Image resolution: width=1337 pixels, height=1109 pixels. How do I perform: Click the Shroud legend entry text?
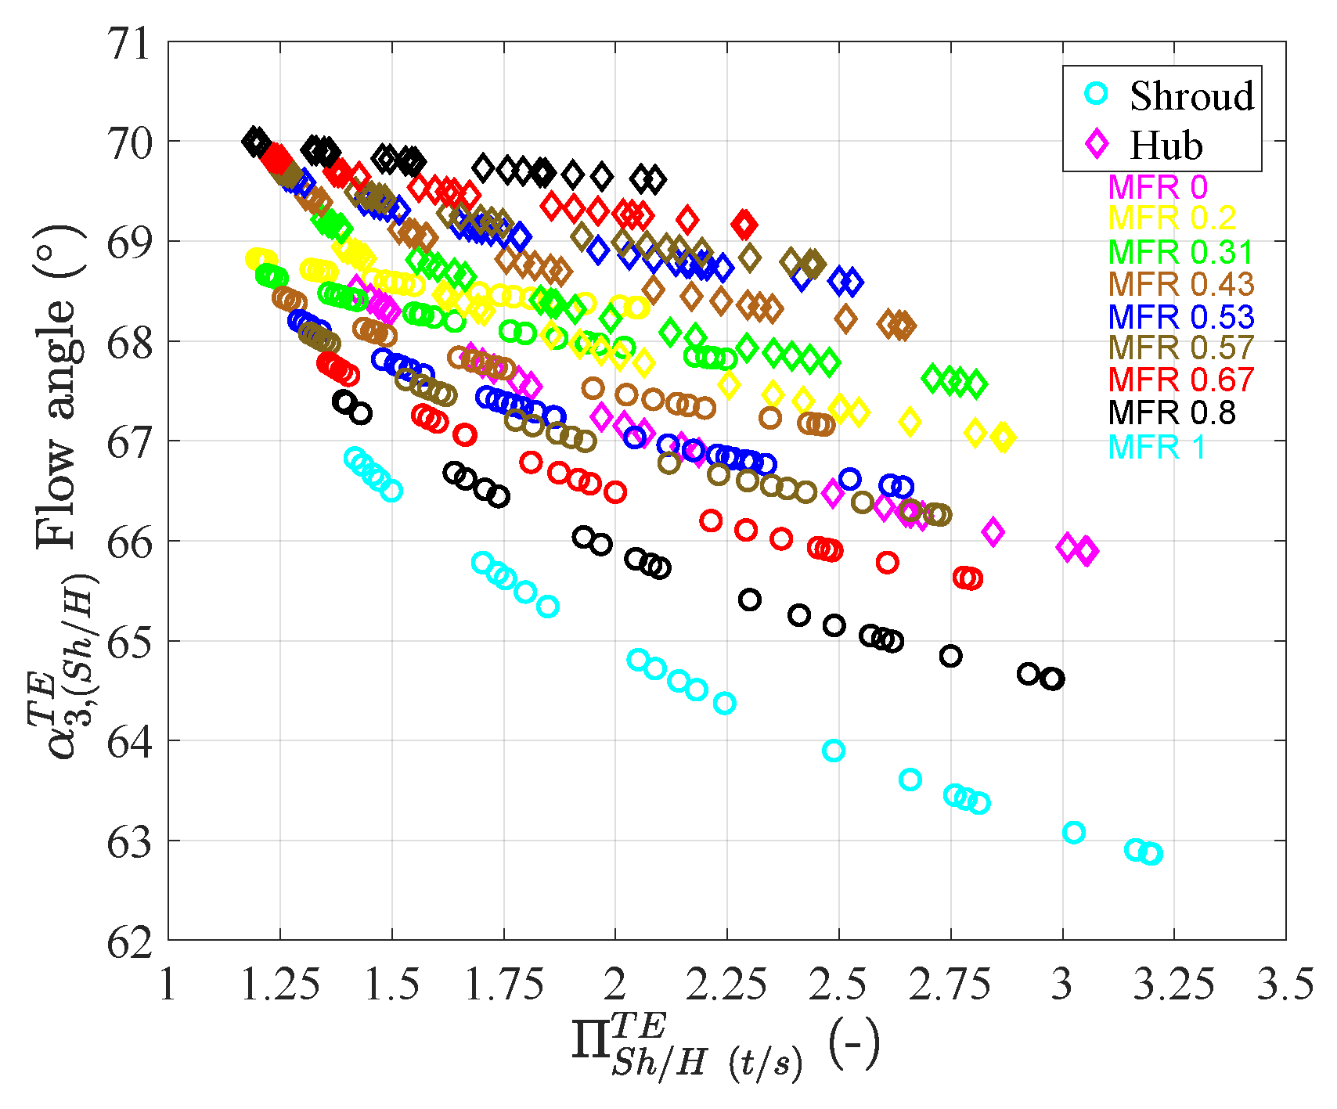[x=1191, y=96]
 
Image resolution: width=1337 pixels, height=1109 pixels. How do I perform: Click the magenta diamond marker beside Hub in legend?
[x=1097, y=144]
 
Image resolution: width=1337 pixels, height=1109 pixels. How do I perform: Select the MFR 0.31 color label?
[x=1180, y=252]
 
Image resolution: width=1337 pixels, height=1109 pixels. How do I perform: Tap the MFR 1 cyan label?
[x=1157, y=447]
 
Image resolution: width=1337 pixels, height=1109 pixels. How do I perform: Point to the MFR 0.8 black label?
[x=1172, y=412]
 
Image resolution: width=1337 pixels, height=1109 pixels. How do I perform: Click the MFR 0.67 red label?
[x=1180, y=380]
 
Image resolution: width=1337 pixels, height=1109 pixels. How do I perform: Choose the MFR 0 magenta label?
[x=1158, y=187]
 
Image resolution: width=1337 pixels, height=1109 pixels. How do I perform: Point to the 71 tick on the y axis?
[x=130, y=44]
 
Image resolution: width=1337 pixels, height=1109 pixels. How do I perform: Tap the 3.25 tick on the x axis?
[x=1173, y=985]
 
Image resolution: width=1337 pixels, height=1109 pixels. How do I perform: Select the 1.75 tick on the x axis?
[x=503, y=985]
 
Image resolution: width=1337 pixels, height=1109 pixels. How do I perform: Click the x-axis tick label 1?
[x=168, y=985]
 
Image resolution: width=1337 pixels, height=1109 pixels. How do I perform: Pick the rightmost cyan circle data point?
[x=1151, y=854]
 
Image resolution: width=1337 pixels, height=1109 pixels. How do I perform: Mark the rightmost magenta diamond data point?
[x=1087, y=551]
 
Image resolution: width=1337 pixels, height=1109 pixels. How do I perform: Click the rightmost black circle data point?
[x=1054, y=679]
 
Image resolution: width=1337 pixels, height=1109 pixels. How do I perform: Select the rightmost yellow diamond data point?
[x=1004, y=438]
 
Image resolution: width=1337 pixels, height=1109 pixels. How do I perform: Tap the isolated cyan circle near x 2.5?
[x=834, y=751]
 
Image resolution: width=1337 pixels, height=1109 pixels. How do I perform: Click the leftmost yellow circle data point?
[x=255, y=258]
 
